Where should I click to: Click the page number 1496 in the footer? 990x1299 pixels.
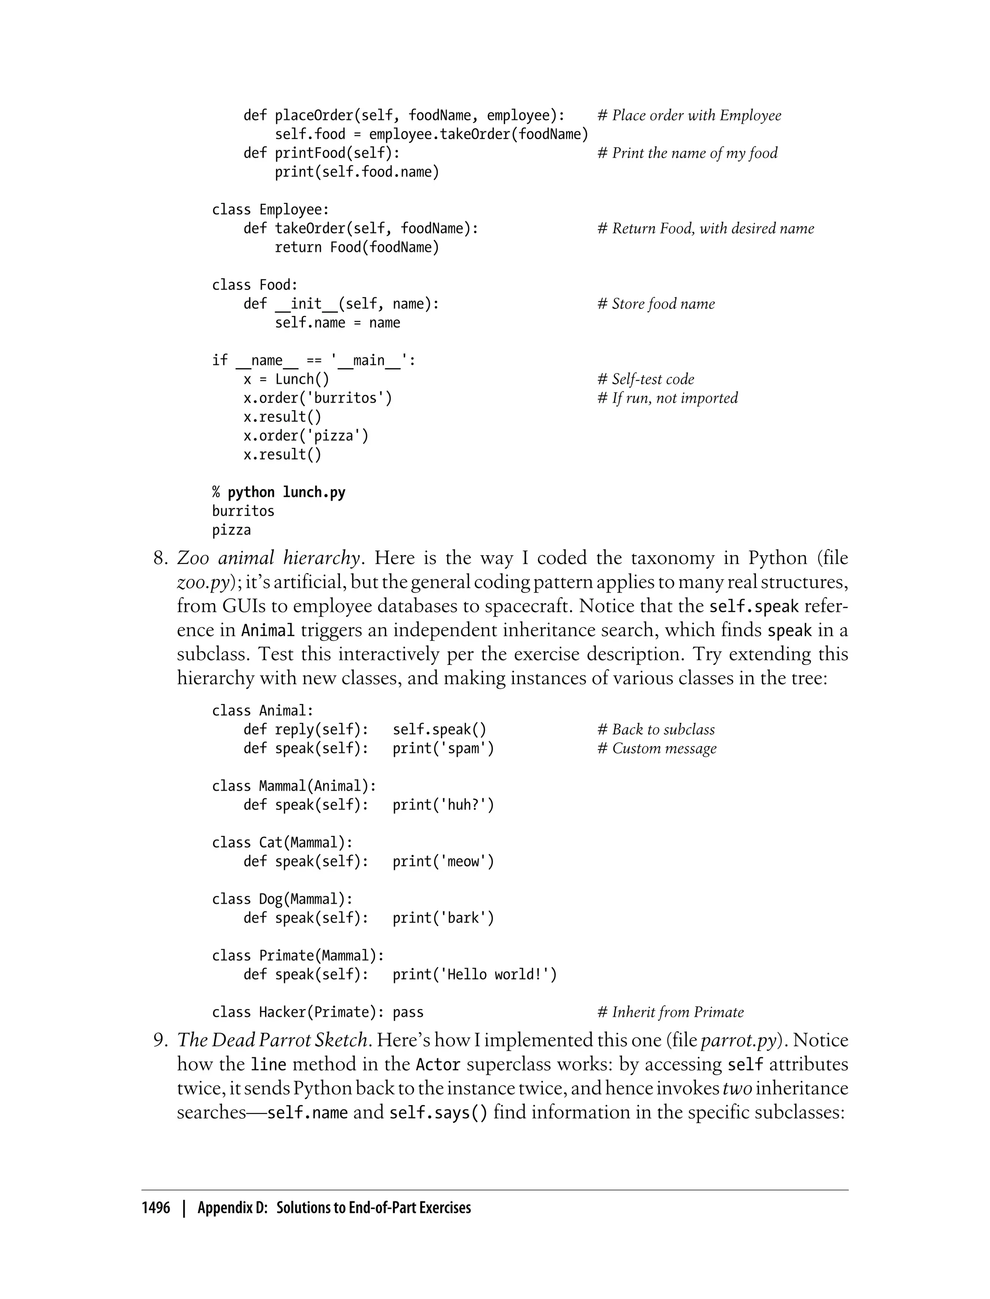tap(156, 1208)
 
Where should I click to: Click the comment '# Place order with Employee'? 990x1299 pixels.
tap(689, 115)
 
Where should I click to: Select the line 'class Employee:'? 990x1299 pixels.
tap(271, 210)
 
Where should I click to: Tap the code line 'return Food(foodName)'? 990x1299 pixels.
tap(357, 247)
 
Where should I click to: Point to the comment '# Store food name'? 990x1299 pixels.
tap(656, 304)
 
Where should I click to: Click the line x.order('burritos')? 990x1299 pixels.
tap(318, 398)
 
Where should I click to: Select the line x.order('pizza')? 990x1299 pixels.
tap(306, 436)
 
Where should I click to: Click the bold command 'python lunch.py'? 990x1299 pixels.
tap(286, 492)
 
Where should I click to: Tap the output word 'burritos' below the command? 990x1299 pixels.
tap(243, 511)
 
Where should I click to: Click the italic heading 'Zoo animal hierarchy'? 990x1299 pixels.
tap(269, 557)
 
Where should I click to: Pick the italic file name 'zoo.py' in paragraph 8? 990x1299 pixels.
tap(203, 582)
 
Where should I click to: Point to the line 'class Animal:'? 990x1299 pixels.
tap(263, 711)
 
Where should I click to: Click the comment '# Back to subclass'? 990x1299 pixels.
tap(656, 730)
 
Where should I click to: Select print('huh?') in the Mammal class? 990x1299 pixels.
tap(443, 805)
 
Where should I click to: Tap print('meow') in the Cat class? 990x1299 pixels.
tap(443, 862)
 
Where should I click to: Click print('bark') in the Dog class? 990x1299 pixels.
tap(443, 918)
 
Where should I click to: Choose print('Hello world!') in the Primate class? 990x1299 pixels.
tap(474, 975)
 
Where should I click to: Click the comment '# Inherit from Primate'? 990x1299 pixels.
tap(670, 1013)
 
